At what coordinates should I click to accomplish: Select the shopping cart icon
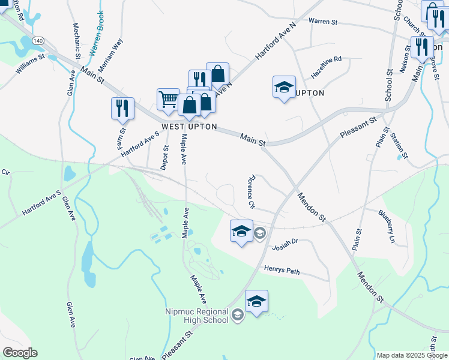point(169,100)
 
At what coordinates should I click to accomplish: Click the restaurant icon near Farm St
point(122,108)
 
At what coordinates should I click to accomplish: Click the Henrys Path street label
point(282,271)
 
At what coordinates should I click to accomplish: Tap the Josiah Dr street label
point(285,244)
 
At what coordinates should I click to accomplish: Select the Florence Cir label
point(251,191)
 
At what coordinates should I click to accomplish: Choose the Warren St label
point(324,22)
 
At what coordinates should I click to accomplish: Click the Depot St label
point(164,158)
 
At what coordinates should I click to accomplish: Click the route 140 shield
point(38,40)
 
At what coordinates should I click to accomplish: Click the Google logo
point(20,353)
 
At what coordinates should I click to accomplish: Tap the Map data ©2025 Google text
point(412,355)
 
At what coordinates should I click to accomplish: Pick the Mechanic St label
point(76,40)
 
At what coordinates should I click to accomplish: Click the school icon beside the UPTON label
point(284,88)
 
